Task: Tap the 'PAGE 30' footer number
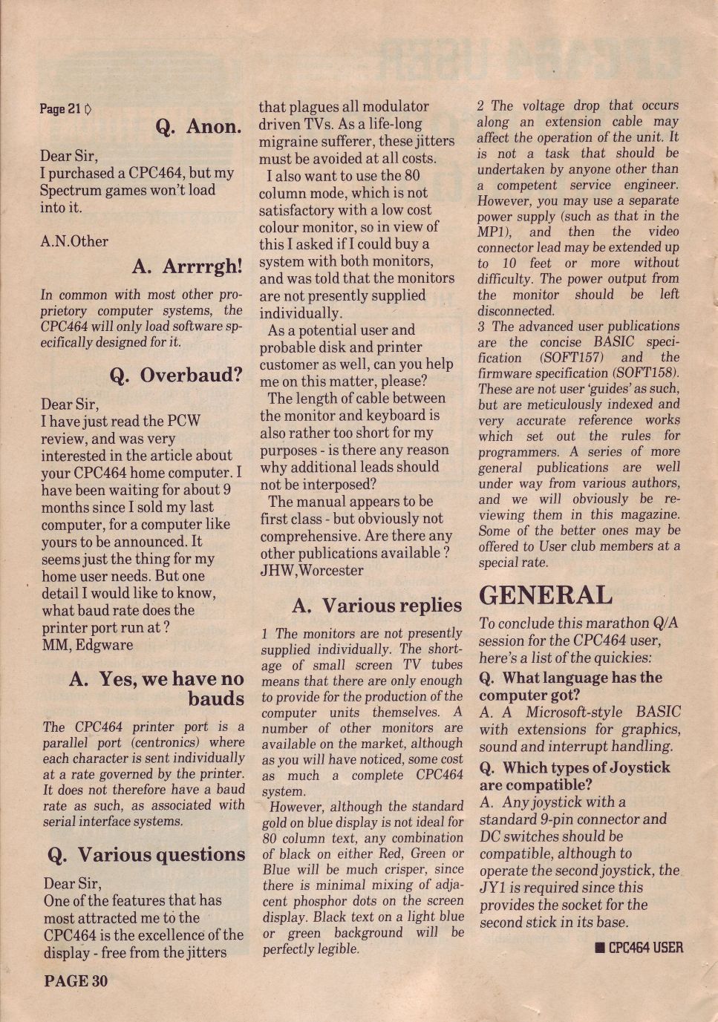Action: (76, 981)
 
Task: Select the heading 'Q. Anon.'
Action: (198, 127)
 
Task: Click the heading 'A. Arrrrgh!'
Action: (187, 266)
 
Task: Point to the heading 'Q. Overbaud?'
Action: (176, 375)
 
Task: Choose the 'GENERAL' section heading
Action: (546, 595)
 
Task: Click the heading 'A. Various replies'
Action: (376, 606)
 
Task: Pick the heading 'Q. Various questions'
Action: (146, 855)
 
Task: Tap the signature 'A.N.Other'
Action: (74, 241)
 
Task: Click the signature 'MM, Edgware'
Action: (88, 645)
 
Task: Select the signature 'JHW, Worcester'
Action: (312, 571)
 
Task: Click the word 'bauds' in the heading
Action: (216, 699)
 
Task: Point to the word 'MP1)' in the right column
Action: (493, 232)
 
